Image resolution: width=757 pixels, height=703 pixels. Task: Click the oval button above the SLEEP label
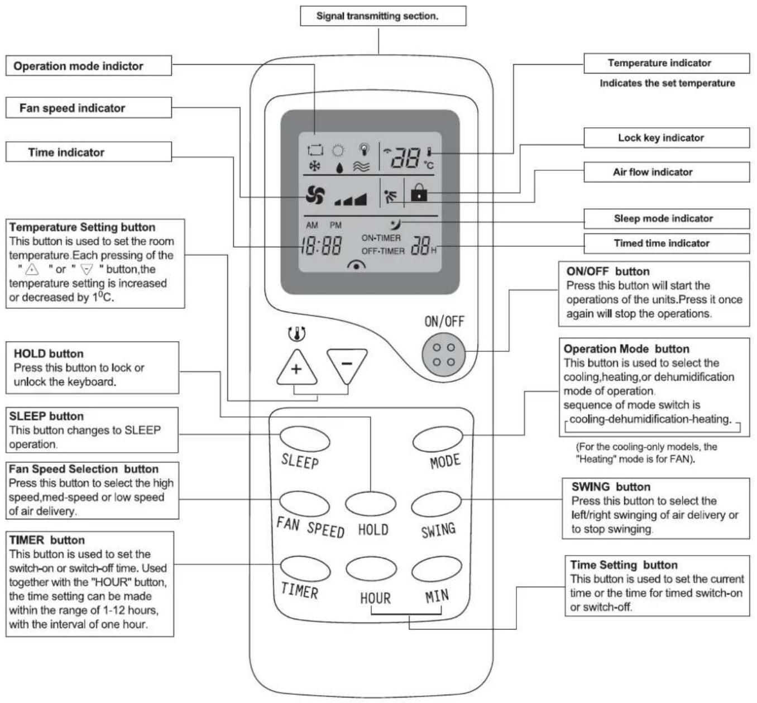[305, 439]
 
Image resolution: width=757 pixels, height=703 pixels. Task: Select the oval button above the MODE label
[438, 439]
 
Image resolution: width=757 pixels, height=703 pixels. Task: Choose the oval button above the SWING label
[436, 504]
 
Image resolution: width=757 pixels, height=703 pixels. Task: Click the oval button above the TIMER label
[305, 568]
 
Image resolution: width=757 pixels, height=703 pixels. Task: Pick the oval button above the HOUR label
[371, 569]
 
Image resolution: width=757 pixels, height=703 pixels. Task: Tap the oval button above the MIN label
[437, 569]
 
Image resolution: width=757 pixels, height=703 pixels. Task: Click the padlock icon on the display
[419, 192]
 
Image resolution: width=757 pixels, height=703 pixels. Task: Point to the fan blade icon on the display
[315, 195]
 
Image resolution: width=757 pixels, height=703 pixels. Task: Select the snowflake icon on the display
[314, 166]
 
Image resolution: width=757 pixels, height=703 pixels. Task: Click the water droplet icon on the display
[339, 168]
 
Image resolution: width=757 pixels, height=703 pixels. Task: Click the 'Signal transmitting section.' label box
[383, 16]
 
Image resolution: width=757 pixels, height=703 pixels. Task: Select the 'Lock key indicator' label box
[666, 138]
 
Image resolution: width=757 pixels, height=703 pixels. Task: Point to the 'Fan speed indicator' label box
[88, 108]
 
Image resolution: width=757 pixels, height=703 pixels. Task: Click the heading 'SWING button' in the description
[611, 487]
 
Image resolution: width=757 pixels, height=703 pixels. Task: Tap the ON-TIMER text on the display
[381, 238]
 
